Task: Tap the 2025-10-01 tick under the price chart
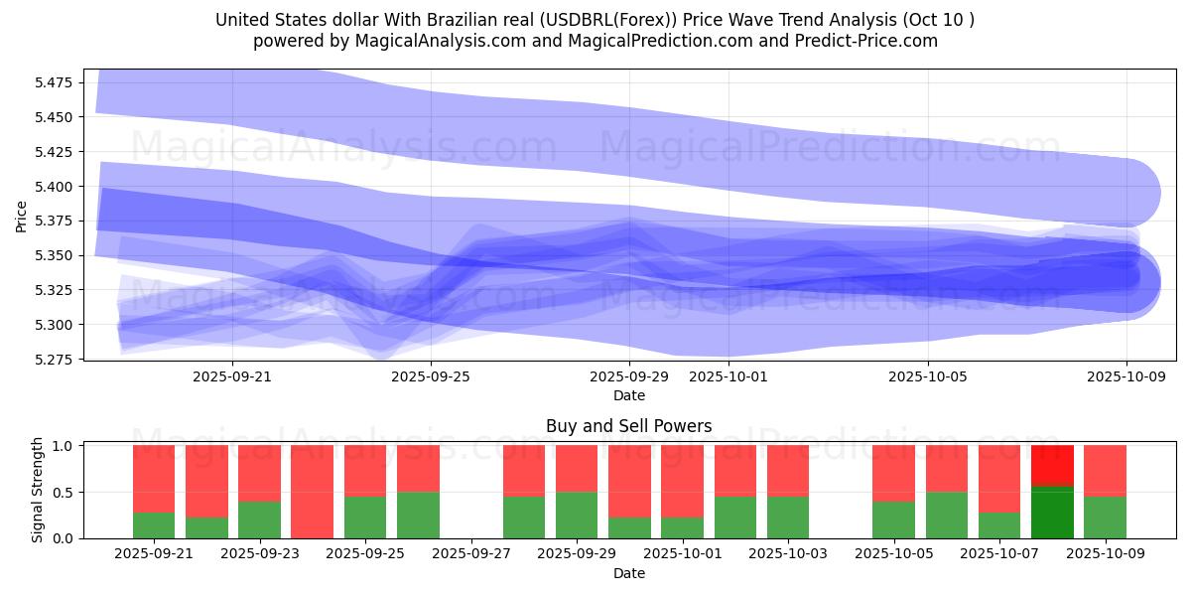click(x=728, y=376)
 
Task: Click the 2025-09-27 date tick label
click(x=471, y=554)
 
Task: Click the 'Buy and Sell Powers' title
click(x=628, y=426)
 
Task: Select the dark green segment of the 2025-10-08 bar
click(x=1052, y=513)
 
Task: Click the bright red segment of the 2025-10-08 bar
click(x=1052, y=465)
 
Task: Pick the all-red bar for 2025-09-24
click(x=312, y=492)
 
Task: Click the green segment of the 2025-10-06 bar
click(x=947, y=516)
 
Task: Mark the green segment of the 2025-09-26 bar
click(x=418, y=516)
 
